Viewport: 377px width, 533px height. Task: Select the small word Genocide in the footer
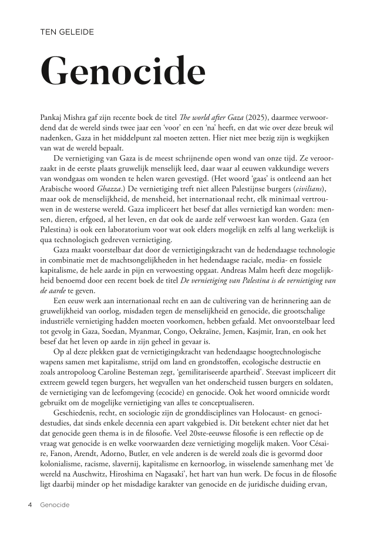coord(55,505)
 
